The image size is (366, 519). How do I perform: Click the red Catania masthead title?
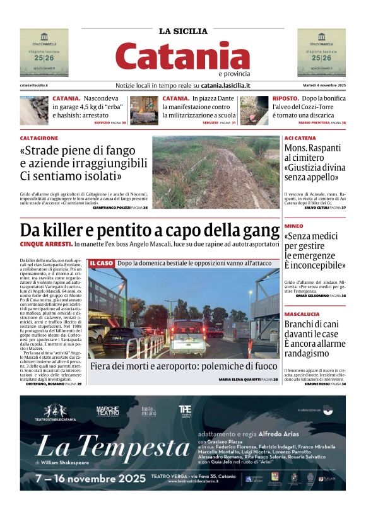[x=182, y=56]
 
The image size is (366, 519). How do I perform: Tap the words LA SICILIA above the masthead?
[x=183, y=31]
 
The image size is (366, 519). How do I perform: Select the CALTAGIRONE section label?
[x=39, y=137]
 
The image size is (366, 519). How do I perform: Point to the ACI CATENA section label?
[x=300, y=138]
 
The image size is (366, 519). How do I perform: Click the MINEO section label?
[x=293, y=226]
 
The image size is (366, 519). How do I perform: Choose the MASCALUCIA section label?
[x=302, y=313]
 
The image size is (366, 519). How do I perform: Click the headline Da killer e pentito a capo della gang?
[x=150, y=230]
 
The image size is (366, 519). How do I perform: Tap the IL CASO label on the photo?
[x=102, y=263]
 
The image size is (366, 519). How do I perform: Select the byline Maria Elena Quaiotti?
[x=239, y=379]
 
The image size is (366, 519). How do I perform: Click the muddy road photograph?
[x=215, y=172]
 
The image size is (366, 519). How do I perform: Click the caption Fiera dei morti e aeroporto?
[x=183, y=366]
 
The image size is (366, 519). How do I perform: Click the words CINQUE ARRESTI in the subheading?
[x=46, y=243]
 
